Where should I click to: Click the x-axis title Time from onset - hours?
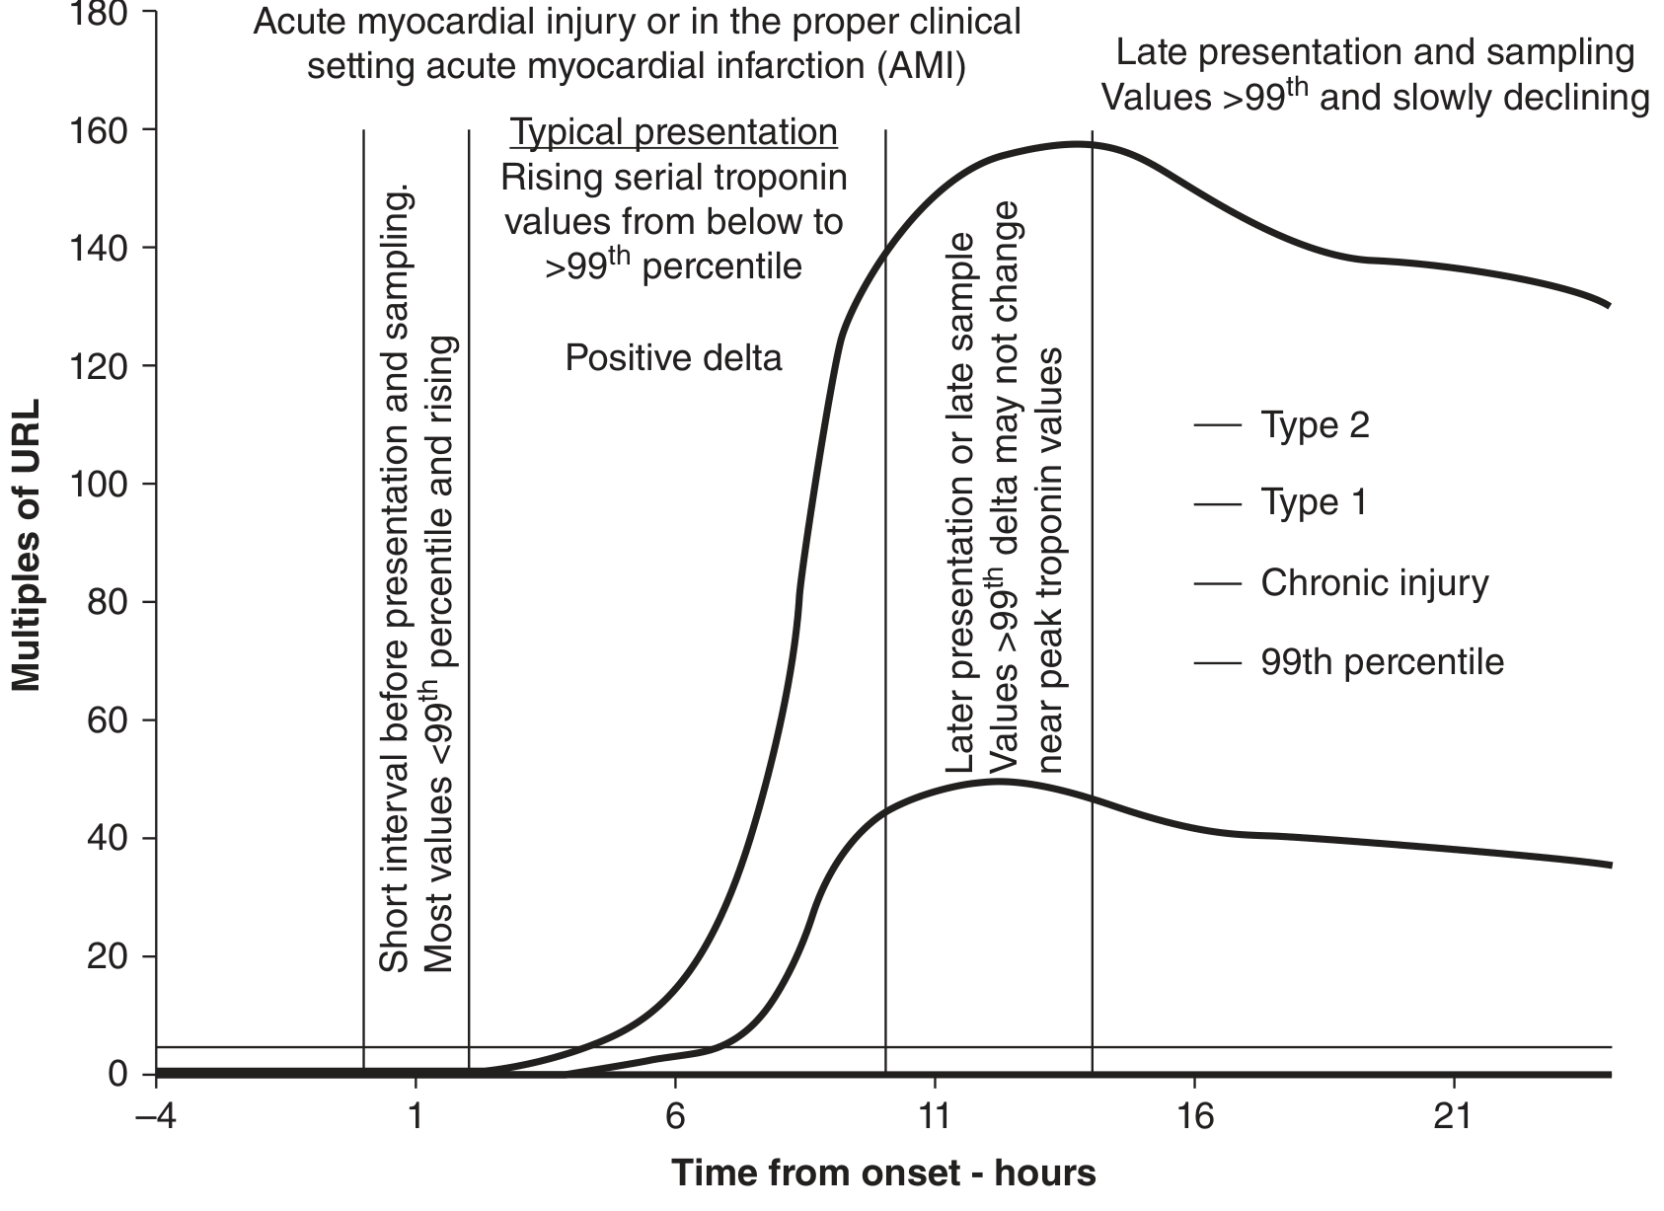883,1173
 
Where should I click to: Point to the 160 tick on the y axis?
114,129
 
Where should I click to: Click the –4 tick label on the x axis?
156,1117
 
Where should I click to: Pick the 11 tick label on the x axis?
935,1117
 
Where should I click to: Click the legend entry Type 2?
1315,425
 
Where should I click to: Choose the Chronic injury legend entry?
1374,582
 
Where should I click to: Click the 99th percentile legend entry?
1382,661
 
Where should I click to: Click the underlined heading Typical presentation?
673,132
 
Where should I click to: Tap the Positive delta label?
673,357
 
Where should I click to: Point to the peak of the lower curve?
997,781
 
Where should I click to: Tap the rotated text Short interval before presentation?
394,582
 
